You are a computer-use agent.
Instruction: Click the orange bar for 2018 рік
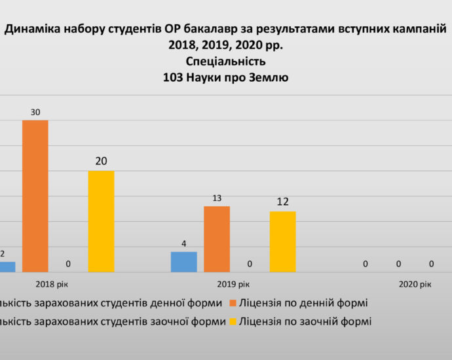click(35, 195)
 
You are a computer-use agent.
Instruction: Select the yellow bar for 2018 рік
click(101, 221)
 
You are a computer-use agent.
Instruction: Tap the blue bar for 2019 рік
click(183, 261)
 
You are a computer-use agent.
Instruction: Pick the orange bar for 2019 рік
click(216, 238)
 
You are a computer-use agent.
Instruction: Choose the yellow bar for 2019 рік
click(282, 241)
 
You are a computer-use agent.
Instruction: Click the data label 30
click(35, 113)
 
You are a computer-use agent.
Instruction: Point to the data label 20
click(101, 161)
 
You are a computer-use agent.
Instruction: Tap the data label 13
click(216, 198)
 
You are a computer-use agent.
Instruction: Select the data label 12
click(282, 202)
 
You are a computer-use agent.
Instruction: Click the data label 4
click(183, 244)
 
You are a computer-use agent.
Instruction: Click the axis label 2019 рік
click(233, 284)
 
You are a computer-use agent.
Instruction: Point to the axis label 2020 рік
click(415, 284)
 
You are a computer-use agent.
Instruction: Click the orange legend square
click(234, 304)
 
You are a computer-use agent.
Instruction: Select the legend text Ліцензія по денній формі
click(303, 303)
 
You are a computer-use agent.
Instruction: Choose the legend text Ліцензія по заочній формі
click(305, 321)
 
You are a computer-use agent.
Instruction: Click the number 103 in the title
click(174, 77)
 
